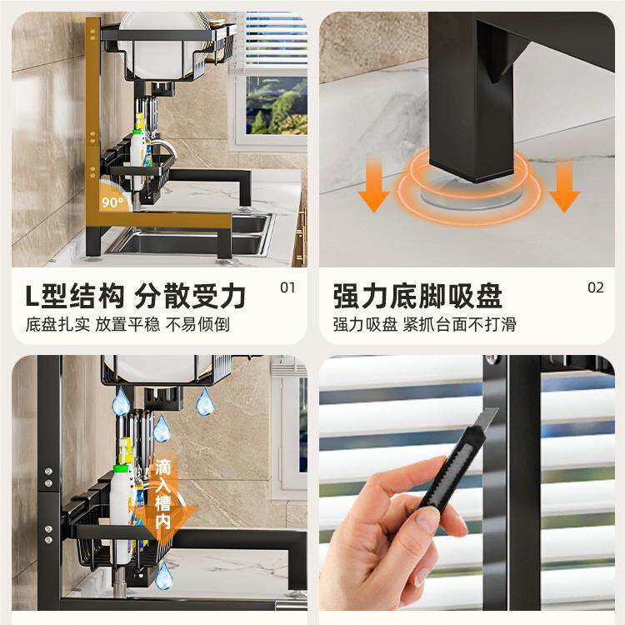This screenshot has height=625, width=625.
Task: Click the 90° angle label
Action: pyautogui.click(x=112, y=202)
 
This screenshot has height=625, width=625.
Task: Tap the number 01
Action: pyautogui.click(x=287, y=287)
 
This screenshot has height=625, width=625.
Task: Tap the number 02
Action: pyautogui.click(x=596, y=287)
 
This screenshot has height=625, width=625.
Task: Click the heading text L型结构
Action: pyautogui.click(x=74, y=296)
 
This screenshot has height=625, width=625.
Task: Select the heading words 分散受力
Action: pyautogui.click(x=190, y=296)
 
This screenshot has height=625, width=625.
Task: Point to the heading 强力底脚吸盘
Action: pyautogui.click(x=417, y=296)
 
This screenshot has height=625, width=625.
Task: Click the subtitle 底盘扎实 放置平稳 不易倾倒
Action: pyautogui.click(x=127, y=324)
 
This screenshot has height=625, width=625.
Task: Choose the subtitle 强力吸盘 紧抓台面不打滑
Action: pyautogui.click(x=424, y=324)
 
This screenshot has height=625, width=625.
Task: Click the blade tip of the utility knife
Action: pyautogui.click(x=497, y=409)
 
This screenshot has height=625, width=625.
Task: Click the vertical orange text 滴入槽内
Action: pyautogui.click(x=163, y=494)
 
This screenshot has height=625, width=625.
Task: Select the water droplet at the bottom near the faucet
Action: pyautogui.click(x=164, y=575)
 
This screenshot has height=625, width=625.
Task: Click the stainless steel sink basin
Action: pyautogui.click(x=192, y=235)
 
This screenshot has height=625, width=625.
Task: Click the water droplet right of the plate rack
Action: pyautogui.click(x=205, y=402)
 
